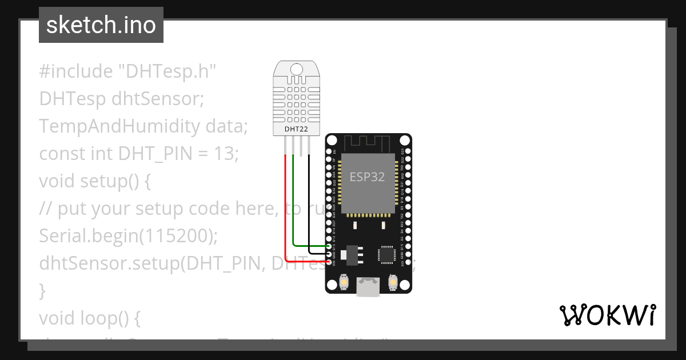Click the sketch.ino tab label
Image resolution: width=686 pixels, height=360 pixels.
(x=101, y=25)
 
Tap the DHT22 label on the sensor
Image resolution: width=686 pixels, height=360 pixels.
(x=296, y=130)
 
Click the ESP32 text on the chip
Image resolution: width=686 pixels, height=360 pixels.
(x=367, y=177)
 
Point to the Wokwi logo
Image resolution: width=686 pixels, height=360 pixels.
(x=607, y=315)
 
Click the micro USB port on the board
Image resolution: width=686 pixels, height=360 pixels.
(x=368, y=286)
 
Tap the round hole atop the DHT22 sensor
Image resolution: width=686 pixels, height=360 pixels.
(x=297, y=69)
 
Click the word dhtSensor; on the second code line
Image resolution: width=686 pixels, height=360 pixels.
(x=158, y=99)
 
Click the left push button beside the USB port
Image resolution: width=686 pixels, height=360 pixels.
(x=344, y=282)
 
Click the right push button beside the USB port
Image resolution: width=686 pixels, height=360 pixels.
(x=393, y=282)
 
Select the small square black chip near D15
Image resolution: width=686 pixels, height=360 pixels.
(x=386, y=255)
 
